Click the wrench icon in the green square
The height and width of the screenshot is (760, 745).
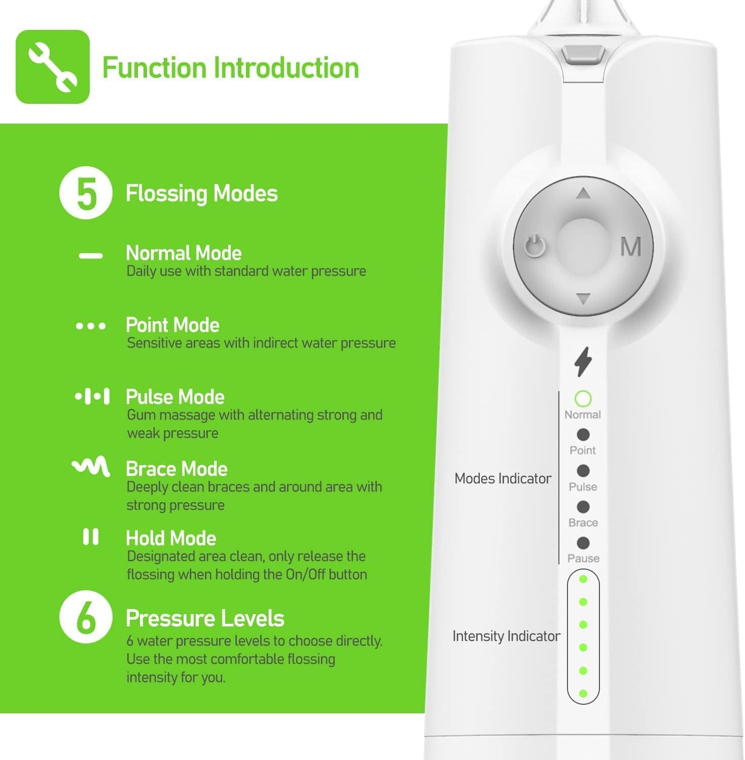point(53,67)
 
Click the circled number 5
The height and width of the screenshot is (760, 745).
point(86,194)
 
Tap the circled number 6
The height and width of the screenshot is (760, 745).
point(86,618)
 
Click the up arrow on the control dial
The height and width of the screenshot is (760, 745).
point(583,194)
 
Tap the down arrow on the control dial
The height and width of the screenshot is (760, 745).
point(583,298)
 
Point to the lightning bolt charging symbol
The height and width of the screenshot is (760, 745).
point(583,362)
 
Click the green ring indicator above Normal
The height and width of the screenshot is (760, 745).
point(583,399)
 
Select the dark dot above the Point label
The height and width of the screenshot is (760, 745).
point(583,435)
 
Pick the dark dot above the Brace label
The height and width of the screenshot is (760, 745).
point(583,507)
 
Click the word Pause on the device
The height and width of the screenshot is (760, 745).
point(583,558)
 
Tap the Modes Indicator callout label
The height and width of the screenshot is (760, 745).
point(503,478)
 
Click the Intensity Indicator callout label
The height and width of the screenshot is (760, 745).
point(506,636)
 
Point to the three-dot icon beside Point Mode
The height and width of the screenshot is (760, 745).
point(91,326)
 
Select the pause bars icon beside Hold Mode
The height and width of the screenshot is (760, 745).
point(91,537)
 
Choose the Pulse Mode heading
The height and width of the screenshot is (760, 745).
point(175,397)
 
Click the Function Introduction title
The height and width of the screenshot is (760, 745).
point(231,68)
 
